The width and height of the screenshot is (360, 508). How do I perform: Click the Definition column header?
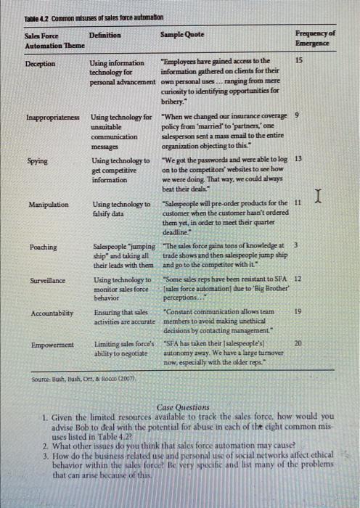[105, 35]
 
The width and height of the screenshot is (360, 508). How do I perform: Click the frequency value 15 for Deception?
[300, 62]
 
